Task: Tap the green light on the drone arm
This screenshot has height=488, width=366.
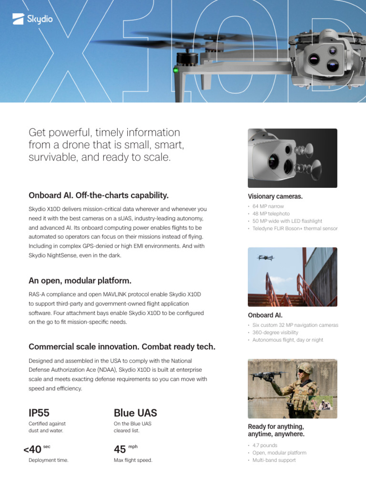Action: click(x=176, y=71)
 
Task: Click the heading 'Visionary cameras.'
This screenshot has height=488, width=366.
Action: click(x=275, y=196)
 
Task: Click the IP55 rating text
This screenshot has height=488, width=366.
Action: click(x=39, y=413)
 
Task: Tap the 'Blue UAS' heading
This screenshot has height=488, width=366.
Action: click(x=135, y=413)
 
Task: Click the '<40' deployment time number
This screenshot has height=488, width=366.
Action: click(x=32, y=449)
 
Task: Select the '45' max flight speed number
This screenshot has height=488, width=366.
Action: click(x=120, y=449)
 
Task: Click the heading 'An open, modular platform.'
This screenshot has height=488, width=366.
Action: click(x=80, y=280)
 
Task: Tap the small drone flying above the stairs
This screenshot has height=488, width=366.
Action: click(x=265, y=257)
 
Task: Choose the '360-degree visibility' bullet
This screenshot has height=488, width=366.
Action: click(x=275, y=332)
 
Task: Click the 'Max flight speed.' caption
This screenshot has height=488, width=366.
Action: click(x=133, y=460)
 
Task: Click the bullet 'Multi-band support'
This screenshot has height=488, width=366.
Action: click(x=274, y=460)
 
